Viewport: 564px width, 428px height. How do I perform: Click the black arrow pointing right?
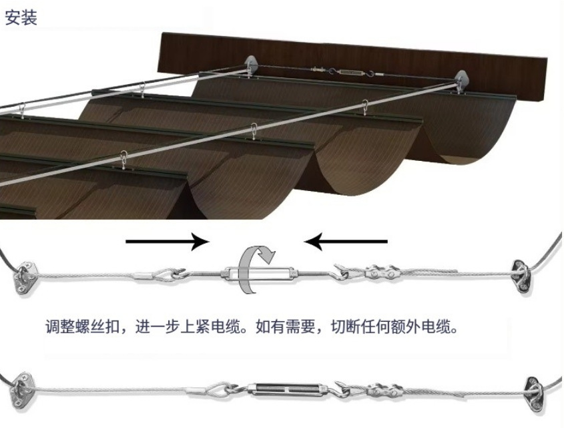167,240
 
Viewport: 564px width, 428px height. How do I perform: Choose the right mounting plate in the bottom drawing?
536,387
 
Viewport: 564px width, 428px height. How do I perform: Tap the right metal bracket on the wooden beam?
461,82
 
